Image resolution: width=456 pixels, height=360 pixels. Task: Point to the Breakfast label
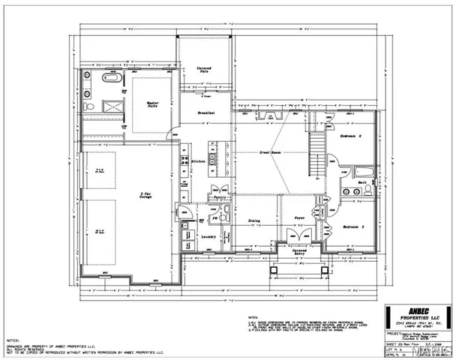[207, 113]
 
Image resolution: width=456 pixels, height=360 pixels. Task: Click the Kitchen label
[199, 161]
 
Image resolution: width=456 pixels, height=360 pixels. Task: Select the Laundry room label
[209, 237]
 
